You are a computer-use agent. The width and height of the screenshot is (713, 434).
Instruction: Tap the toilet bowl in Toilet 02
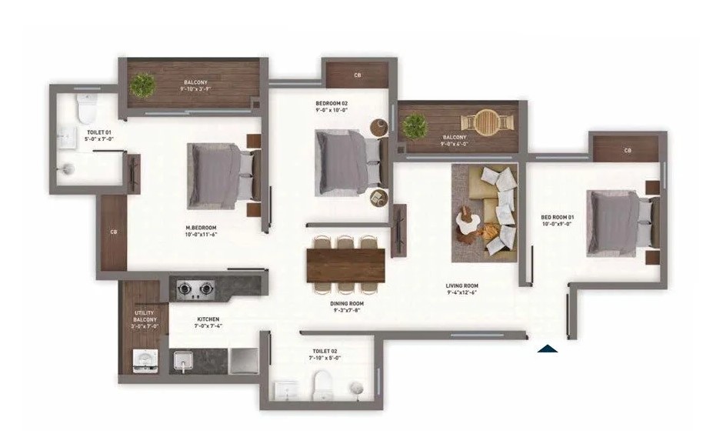(x=322, y=386)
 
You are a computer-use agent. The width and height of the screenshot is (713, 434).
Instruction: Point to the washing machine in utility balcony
(x=145, y=361)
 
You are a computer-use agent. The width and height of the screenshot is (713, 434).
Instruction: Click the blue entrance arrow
(x=548, y=349)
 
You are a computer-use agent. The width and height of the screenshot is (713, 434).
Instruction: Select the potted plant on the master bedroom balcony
(x=142, y=84)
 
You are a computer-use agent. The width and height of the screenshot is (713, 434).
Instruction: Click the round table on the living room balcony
(x=488, y=121)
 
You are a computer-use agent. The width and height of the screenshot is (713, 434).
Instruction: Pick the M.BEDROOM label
(x=201, y=228)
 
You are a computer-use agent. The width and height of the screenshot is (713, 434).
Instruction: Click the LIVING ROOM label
(x=461, y=285)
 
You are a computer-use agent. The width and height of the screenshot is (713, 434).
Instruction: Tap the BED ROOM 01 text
(x=557, y=217)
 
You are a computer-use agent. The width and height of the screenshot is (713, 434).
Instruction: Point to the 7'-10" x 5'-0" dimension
(x=325, y=358)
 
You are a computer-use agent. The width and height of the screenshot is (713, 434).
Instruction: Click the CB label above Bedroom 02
(x=358, y=75)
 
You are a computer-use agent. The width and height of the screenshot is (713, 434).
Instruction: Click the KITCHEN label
(x=208, y=319)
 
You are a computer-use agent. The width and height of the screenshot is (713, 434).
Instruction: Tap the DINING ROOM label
(x=346, y=303)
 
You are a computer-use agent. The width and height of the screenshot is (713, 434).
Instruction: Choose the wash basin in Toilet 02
(x=285, y=390)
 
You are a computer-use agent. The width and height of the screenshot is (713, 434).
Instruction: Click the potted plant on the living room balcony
(x=415, y=125)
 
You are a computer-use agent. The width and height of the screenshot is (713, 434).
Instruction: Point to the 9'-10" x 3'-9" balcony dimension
(x=195, y=88)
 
